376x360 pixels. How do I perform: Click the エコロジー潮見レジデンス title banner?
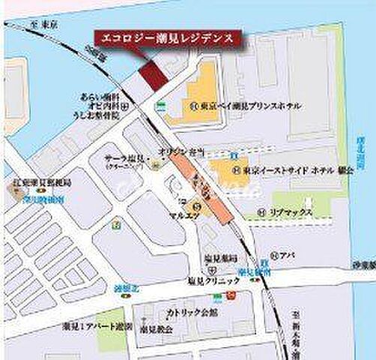coord(163,37)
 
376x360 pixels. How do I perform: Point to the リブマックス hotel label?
coord(290,213)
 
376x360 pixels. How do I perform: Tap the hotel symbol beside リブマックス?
coord(261,213)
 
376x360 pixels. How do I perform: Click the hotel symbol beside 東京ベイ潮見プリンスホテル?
coord(193,106)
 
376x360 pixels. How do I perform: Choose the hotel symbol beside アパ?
coord(277,254)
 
